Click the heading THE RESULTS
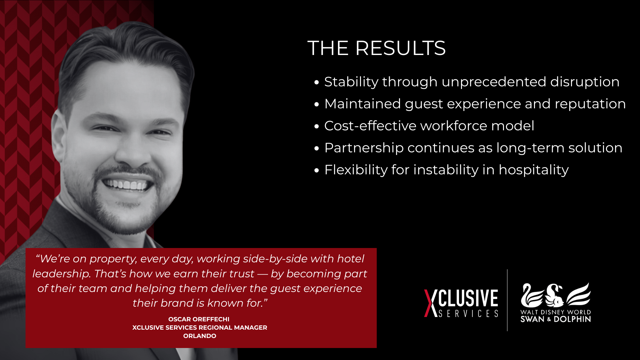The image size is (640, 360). pyautogui.click(x=376, y=48)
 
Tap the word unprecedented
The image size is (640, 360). pyautogui.click(x=494, y=82)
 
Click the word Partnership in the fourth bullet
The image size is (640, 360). pyautogui.click(x=364, y=148)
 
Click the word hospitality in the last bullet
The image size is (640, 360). pyautogui.click(x=533, y=170)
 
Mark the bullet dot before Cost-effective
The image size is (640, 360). pyautogui.click(x=317, y=126)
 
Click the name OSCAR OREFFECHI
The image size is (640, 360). pyautogui.click(x=199, y=319)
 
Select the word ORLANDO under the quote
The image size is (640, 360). pyautogui.click(x=200, y=336)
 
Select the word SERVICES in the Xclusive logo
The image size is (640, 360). pyautogui.click(x=468, y=314)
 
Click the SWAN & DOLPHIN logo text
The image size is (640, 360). pyautogui.click(x=556, y=319)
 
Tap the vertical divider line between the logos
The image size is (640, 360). pyautogui.click(x=507, y=300)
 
